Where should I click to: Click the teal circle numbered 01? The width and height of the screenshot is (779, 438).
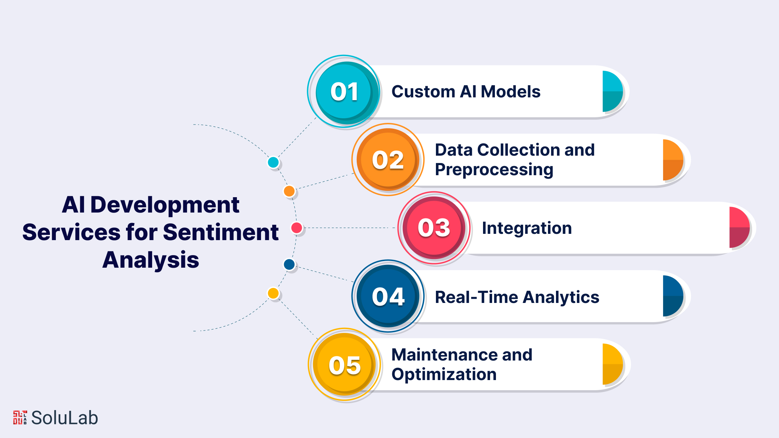tap(344, 91)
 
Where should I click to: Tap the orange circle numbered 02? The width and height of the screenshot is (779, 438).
tap(388, 159)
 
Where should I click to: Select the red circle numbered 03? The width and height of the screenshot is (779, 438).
tap(434, 228)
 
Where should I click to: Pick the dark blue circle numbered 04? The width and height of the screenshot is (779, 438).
tap(388, 296)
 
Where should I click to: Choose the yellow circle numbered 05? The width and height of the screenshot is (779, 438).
tap(344, 364)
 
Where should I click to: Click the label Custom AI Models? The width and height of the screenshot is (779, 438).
tap(466, 92)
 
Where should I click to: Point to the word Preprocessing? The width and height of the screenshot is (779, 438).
tap(494, 170)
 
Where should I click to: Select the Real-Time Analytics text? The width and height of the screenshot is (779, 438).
tap(517, 297)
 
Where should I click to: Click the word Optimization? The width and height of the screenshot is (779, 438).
tap(444, 375)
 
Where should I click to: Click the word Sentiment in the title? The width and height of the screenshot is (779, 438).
tap(221, 232)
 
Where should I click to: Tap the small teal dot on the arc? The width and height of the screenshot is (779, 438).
tap(273, 162)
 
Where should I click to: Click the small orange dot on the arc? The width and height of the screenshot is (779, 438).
tap(289, 191)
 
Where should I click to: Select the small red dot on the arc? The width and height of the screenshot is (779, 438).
tap(297, 228)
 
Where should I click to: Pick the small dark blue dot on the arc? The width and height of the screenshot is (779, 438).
tap(289, 264)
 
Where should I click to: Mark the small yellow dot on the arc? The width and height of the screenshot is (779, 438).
tap(273, 293)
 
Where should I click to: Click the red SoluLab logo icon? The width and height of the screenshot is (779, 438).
tap(20, 417)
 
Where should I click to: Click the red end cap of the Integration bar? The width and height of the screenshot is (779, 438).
tap(739, 228)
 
